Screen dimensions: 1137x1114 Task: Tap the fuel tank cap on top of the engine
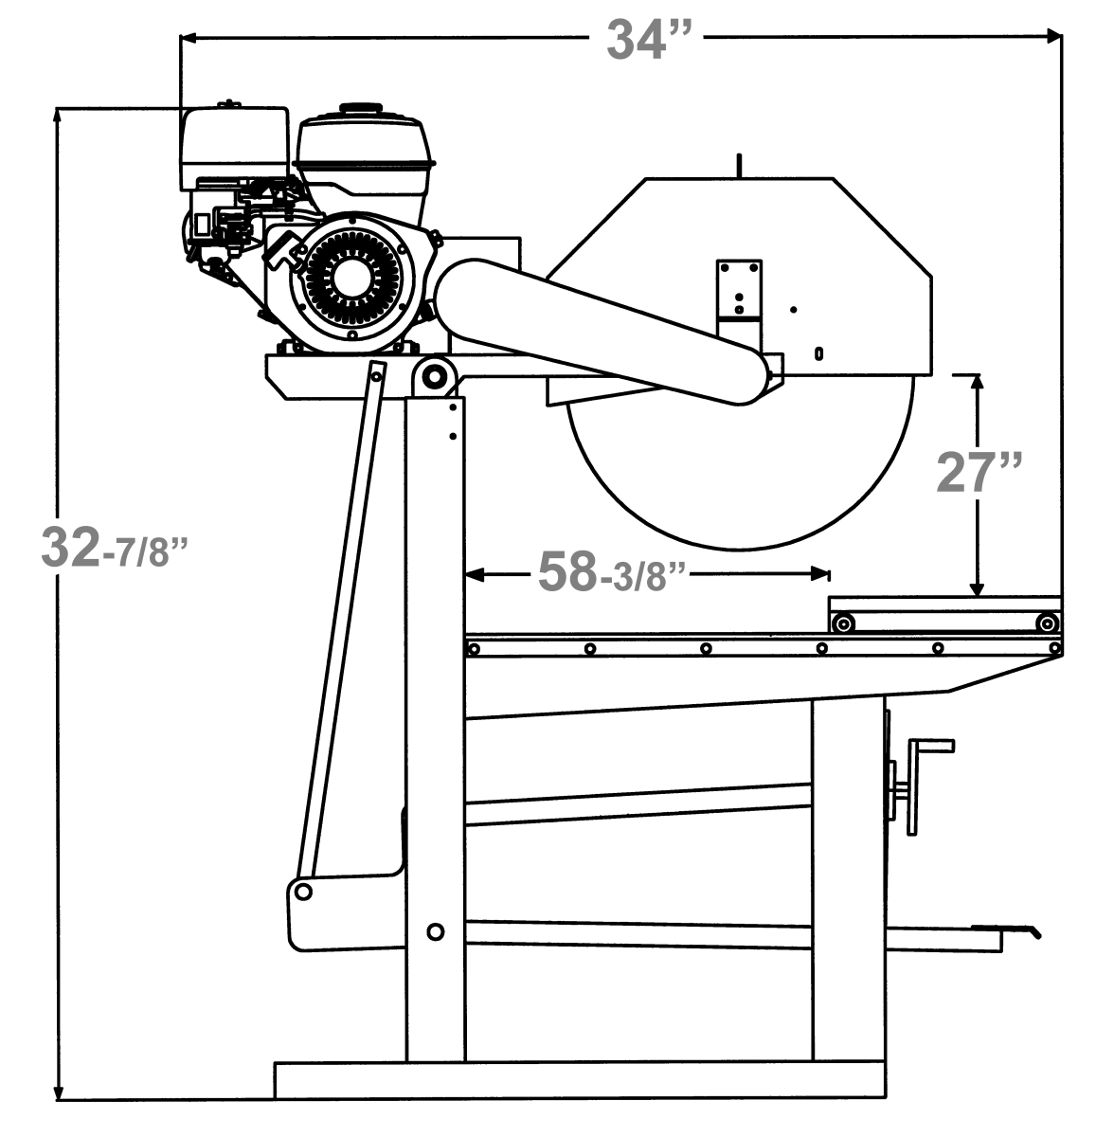click(361, 109)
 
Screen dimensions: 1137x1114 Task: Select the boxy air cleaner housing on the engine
click(234, 147)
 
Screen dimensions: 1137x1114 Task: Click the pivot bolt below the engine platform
click(435, 376)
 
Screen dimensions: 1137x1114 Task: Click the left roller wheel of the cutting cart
click(842, 623)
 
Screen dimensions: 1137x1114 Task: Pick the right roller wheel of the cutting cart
click(1046, 623)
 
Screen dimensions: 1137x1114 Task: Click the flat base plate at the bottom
click(580, 1079)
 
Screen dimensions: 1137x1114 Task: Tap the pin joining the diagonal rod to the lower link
click(303, 891)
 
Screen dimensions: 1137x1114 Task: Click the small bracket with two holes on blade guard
click(740, 288)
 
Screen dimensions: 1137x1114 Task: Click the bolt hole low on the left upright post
click(435, 931)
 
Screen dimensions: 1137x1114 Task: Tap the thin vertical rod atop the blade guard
click(738, 164)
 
